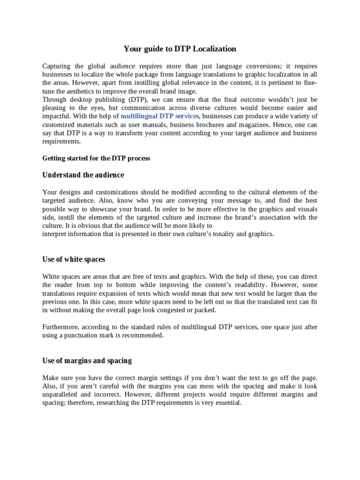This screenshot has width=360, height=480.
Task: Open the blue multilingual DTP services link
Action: pos(160,116)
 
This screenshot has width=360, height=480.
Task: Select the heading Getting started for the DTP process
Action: pos(96,158)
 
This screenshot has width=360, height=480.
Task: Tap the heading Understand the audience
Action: pos(83,175)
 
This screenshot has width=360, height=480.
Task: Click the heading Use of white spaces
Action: pos(74,259)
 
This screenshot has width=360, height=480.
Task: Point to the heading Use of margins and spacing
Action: pos(87,360)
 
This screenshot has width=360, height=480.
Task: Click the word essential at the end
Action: pos(228,403)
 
